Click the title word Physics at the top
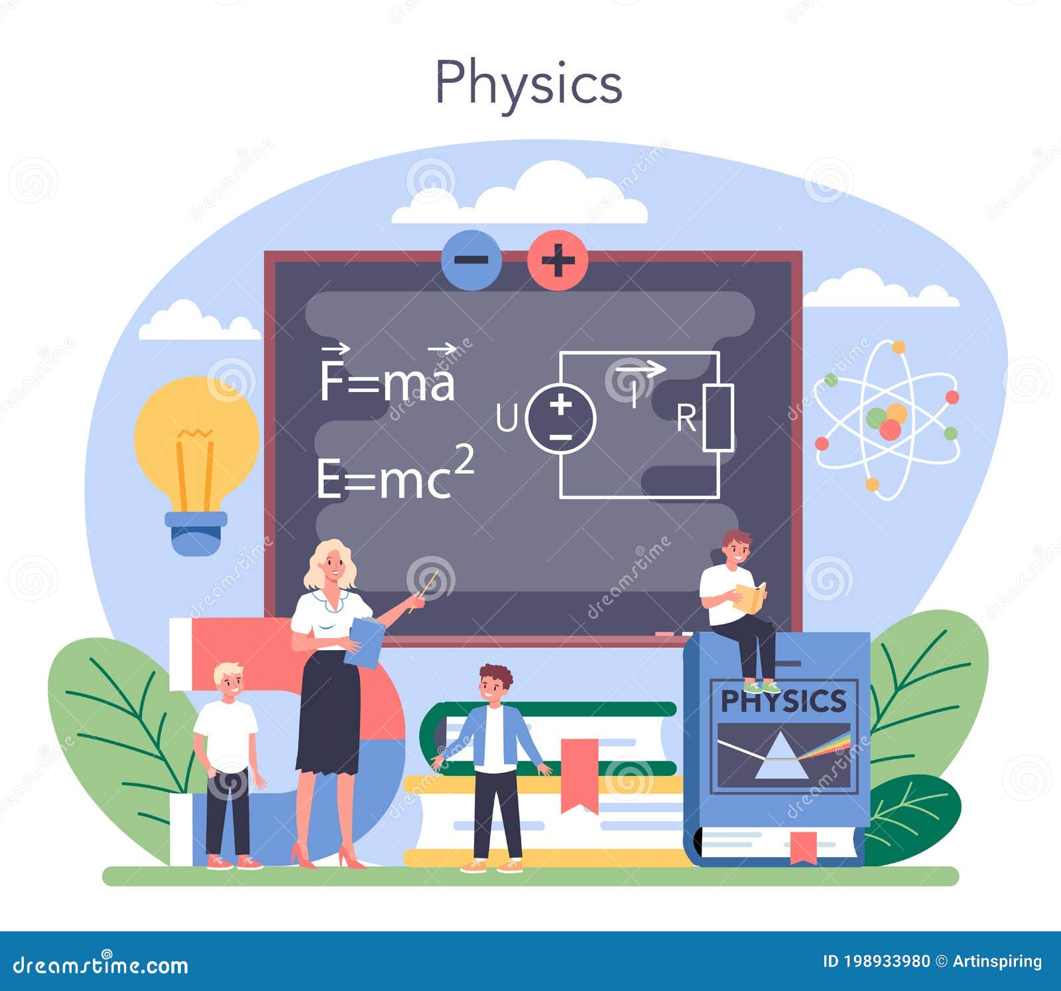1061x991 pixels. point(529,83)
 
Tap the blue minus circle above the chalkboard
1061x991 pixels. point(471,260)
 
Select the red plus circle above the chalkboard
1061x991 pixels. point(558,260)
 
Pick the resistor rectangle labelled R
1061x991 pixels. point(718,418)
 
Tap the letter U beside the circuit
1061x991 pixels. point(507,419)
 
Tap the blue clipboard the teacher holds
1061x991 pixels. point(364,642)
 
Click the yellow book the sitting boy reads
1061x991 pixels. point(751,597)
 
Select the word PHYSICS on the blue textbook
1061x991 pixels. point(783,701)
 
